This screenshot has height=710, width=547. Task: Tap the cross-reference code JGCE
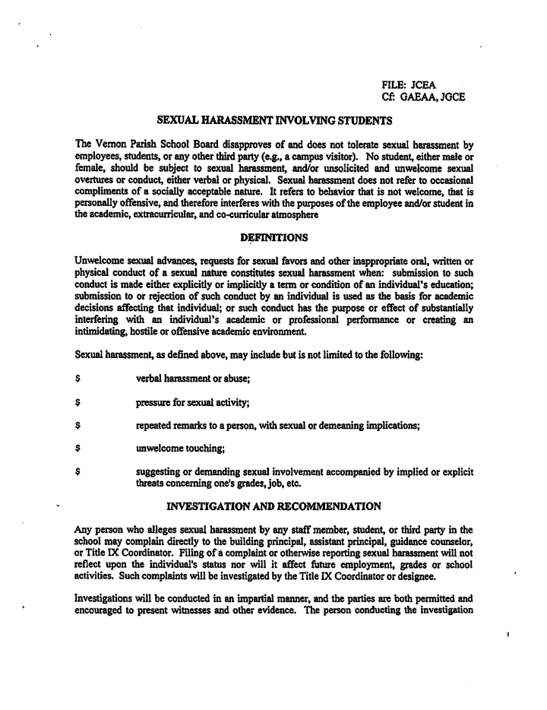coord(451,97)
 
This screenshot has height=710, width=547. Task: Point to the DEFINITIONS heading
coord(273,238)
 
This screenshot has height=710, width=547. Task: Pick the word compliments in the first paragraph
coord(103,192)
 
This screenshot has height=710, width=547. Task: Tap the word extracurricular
coord(174,215)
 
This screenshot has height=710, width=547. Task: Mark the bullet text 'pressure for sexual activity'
coord(193,402)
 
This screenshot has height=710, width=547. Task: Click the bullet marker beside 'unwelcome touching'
coord(78,449)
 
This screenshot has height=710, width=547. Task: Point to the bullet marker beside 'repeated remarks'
coord(78,426)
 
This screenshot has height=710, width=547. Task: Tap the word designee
coord(413,576)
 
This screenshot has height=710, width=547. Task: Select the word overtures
coord(96,179)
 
